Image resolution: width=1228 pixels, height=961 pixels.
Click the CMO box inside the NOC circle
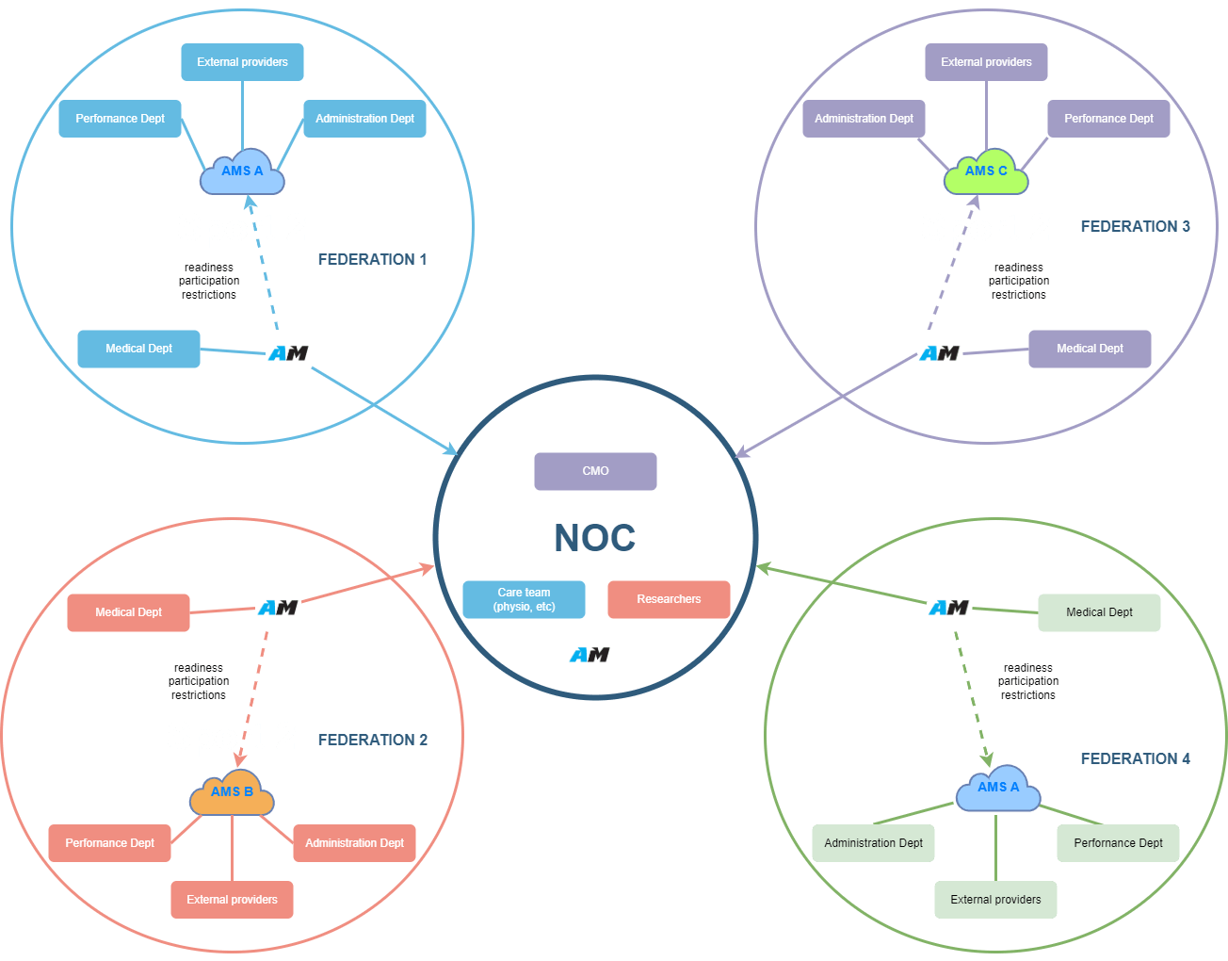tap(595, 471)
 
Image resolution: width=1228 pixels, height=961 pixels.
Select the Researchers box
tap(669, 599)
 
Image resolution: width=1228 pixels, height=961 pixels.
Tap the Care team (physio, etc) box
tap(524, 599)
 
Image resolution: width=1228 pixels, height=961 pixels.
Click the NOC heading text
tap(594, 538)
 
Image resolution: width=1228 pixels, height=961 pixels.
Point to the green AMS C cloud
tap(986, 171)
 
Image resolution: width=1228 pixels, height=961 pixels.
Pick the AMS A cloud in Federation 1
tap(242, 171)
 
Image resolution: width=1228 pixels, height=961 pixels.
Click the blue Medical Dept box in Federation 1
tap(138, 349)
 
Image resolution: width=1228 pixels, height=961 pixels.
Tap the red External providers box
tap(232, 900)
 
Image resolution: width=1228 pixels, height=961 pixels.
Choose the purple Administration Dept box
tap(864, 119)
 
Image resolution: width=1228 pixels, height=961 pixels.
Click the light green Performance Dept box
tap(1118, 843)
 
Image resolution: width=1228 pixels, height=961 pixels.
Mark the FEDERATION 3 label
tap(1135, 226)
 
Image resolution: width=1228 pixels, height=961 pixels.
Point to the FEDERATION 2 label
tap(372, 740)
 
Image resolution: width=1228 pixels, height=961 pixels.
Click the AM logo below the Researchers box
tap(590, 654)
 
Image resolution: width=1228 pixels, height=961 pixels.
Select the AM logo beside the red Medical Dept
tap(278, 608)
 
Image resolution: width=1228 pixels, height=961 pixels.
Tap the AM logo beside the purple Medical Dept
tap(939, 353)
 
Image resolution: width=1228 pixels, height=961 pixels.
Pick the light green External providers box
tap(995, 900)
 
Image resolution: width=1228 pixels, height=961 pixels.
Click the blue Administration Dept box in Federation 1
tap(364, 119)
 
